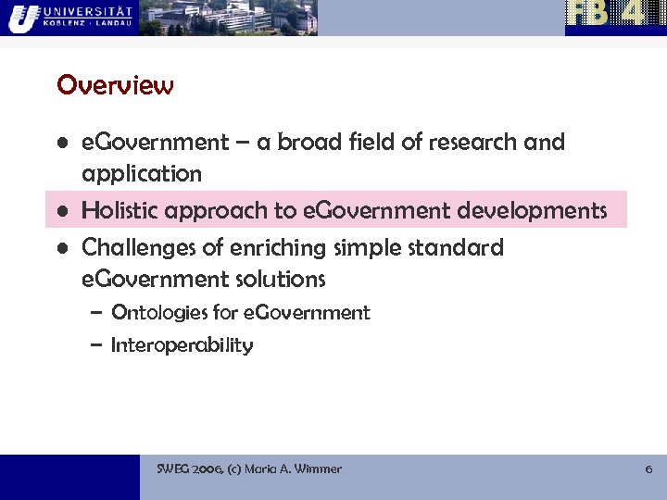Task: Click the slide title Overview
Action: tap(115, 85)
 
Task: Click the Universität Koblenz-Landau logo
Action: tap(69, 17)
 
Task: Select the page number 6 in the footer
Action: tap(648, 469)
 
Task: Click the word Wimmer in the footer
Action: tap(318, 469)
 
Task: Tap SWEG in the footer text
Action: tap(172, 469)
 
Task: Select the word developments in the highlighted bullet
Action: tap(543, 210)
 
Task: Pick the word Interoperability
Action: tap(182, 345)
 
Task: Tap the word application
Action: tap(141, 174)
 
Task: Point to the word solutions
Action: tap(279, 279)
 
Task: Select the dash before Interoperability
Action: tap(96, 346)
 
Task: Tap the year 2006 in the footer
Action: tap(208, 469)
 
